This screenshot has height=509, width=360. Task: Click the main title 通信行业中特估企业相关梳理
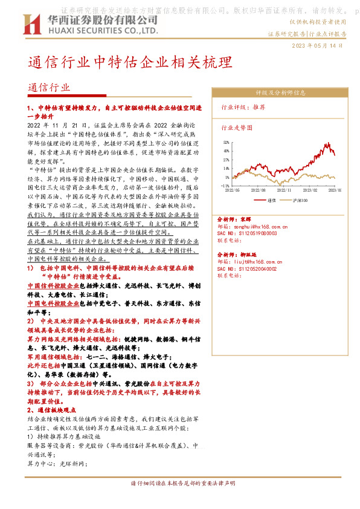coord(130,63)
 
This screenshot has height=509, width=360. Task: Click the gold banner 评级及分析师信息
coord(280,92)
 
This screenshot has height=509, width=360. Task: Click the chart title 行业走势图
coord(236,128)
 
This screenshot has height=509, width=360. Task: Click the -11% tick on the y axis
coord(225,186)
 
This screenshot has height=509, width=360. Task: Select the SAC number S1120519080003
coord(256,233)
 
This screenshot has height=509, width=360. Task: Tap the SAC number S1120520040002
coord(256,268)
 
